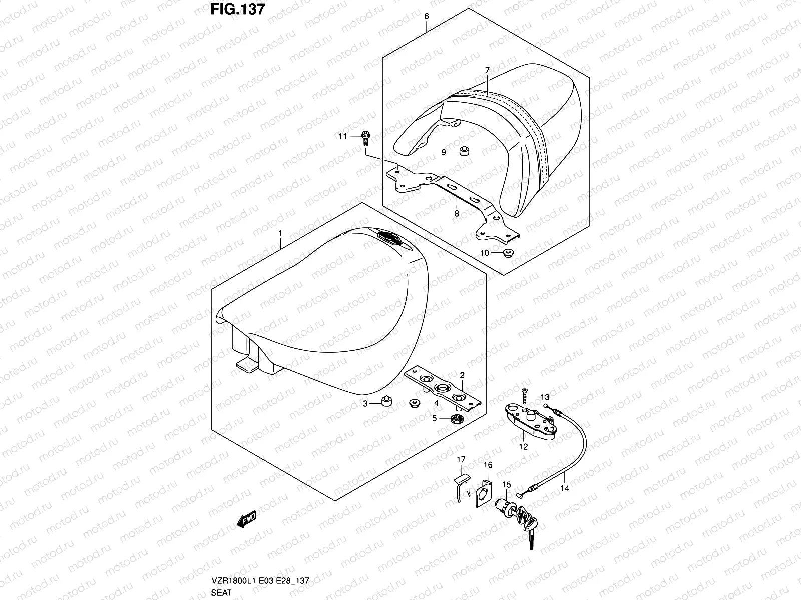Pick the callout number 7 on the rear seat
(x=487, y=70)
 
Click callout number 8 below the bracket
(x=457, y=213)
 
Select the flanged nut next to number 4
(x=415, y=402)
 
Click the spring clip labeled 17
(x=463, y=485)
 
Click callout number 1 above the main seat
(x=280, y=233)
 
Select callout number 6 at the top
(x=426, y=16)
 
